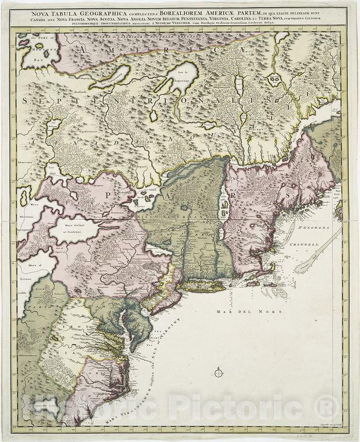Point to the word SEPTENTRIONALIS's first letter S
27,100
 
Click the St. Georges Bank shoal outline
311,262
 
